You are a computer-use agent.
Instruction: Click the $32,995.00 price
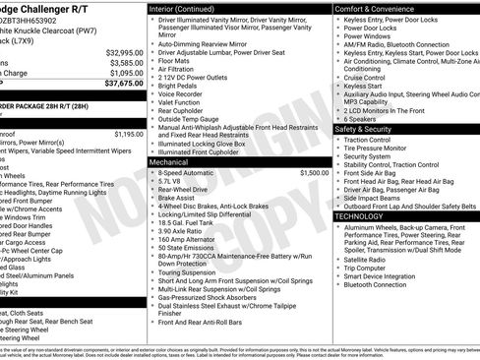coord(124,52)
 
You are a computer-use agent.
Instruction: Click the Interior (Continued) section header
coord(182,7)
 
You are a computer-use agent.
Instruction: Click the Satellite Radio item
coord(369,259)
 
